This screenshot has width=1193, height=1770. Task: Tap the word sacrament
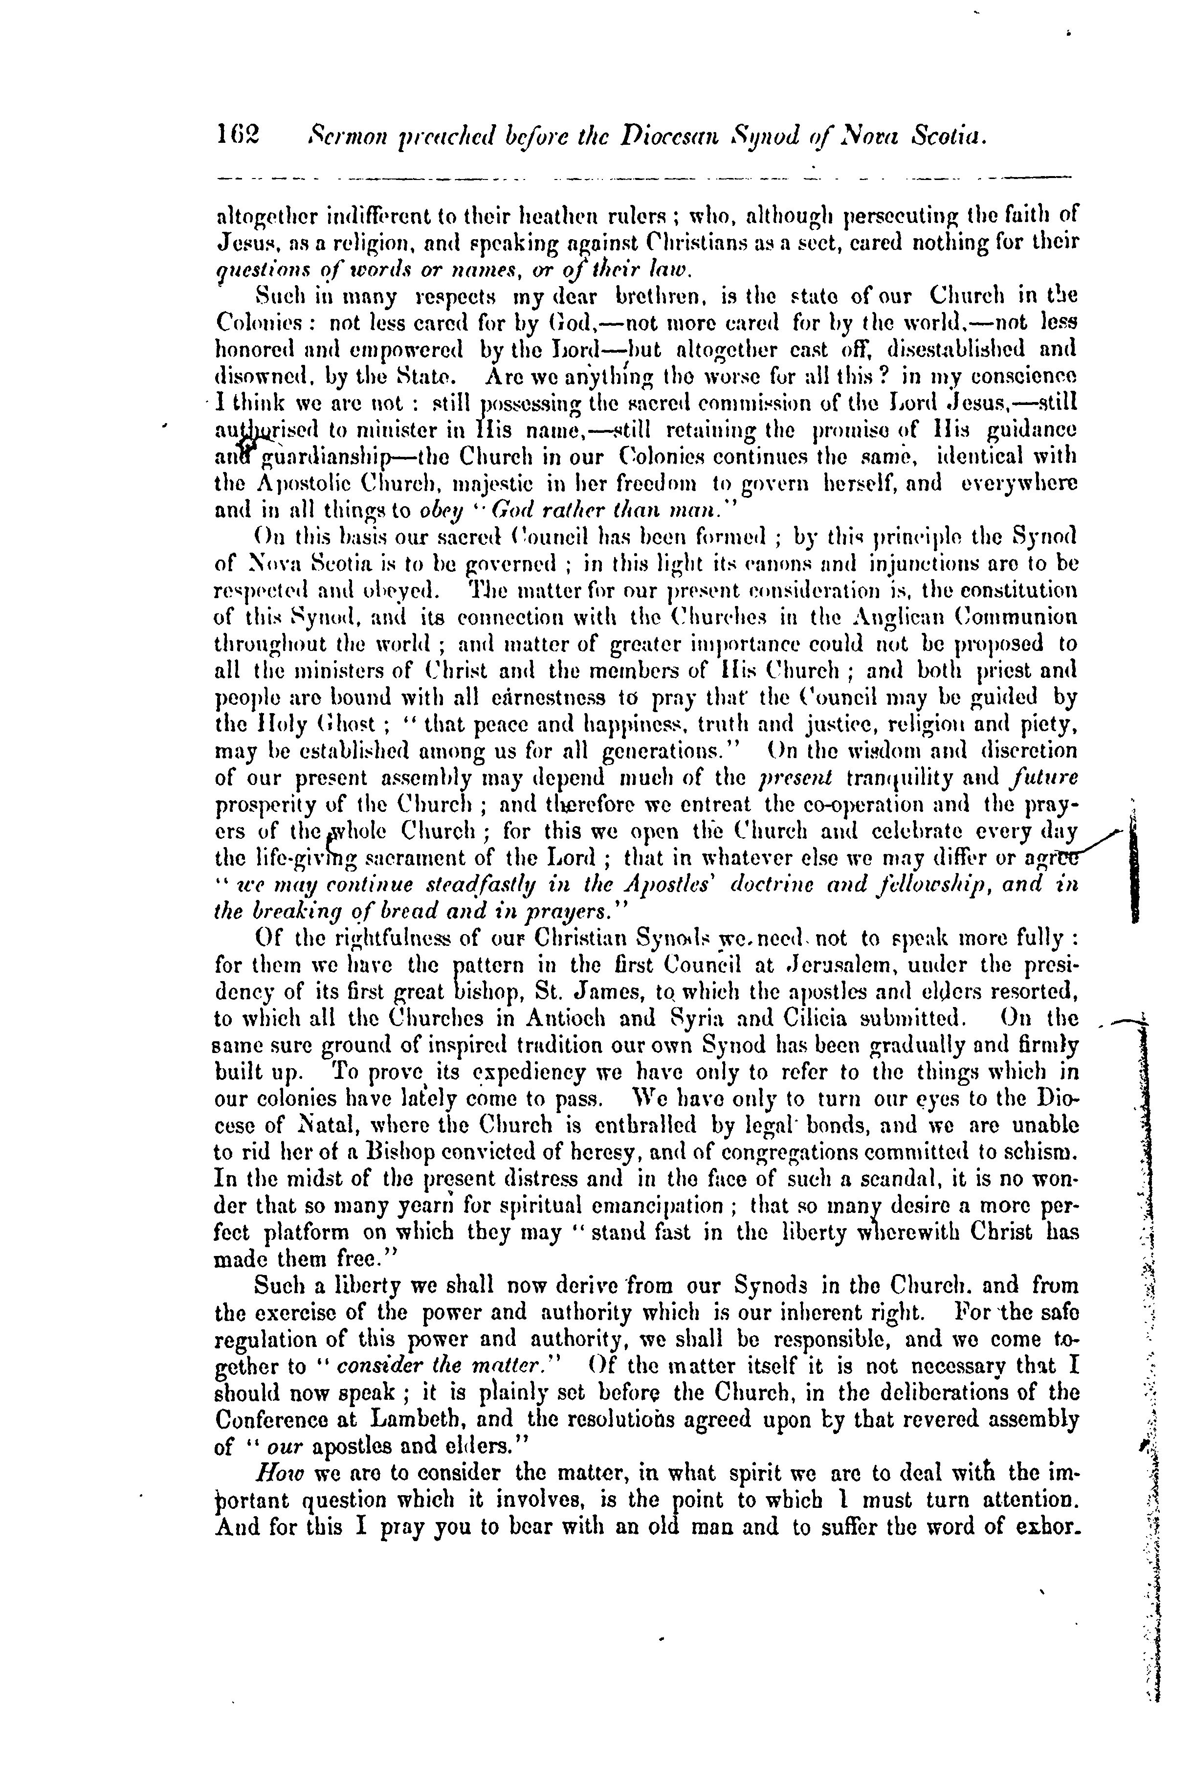click(424, 858)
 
